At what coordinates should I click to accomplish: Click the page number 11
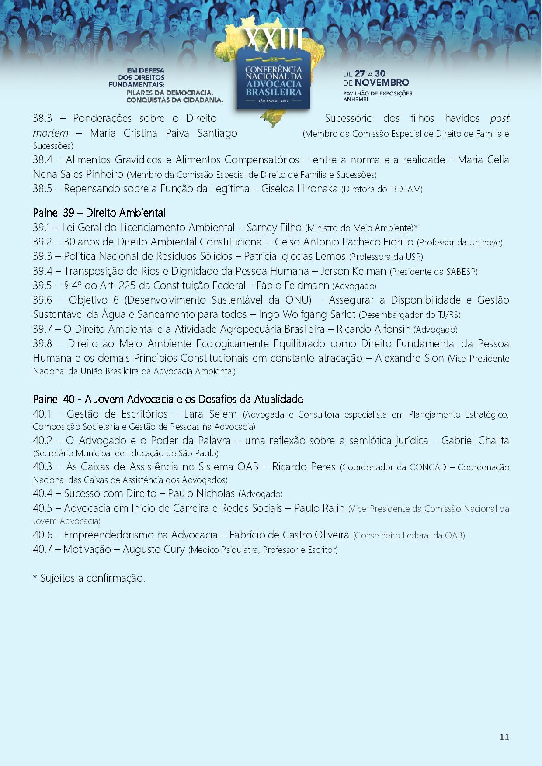(504, 737)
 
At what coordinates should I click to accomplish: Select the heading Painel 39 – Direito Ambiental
(99, 213)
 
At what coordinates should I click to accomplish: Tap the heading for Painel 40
(168, 399)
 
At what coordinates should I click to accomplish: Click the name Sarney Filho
(274, 228)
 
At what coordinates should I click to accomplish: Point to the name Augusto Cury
(154, 549)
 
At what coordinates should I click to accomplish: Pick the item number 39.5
(42, 286)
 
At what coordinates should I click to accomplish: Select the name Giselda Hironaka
(299, 189)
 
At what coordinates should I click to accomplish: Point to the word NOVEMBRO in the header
(382, 83)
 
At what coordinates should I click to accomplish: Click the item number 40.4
(42, 493)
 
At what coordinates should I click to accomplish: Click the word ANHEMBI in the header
(356, 99)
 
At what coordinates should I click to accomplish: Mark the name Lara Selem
(210, 414)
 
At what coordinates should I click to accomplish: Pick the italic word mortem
(50, 133)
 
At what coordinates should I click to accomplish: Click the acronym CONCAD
(428, 467)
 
